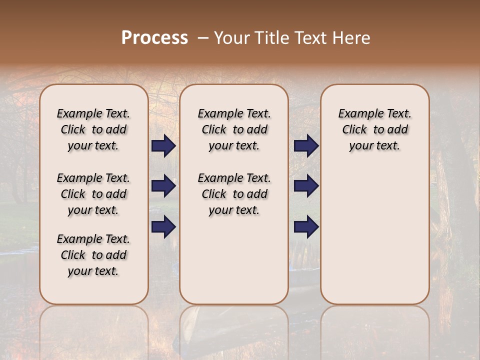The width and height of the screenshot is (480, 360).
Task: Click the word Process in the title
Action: tap(154, 37)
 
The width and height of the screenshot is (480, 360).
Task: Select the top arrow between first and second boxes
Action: tap(163, 146)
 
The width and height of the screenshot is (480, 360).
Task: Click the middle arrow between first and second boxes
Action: tap(163, 186)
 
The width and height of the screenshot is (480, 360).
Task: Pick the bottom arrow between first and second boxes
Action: tap(163, 226)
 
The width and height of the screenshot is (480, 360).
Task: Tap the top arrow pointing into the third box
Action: tap(306, 146)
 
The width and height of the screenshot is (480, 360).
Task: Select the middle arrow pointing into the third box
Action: tap(306, 186)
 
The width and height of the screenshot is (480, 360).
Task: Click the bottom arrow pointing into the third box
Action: tap(306, 226)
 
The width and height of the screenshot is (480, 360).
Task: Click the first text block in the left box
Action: tap(93, 129)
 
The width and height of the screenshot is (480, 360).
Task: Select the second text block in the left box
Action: tap(93, 194)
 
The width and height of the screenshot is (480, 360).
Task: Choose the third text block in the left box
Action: tap(93, 255)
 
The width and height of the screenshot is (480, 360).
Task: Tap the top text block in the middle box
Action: tap(234, 129)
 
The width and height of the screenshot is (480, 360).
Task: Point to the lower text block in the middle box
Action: tap(234, 194)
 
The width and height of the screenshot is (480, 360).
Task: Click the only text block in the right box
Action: tap(374, 129)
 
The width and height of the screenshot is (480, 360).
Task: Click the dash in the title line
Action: tap(203, 37)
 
